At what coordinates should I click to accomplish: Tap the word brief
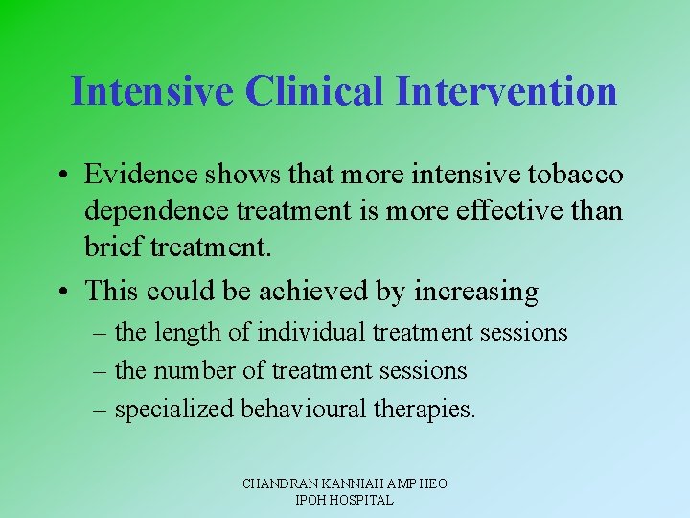click(110, 247)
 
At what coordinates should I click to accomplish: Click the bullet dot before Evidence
click(69, 176)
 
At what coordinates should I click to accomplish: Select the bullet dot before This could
click(69, 291)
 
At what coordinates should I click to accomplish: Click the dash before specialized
click(102, 409)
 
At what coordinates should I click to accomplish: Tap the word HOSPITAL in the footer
click(360, 500)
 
